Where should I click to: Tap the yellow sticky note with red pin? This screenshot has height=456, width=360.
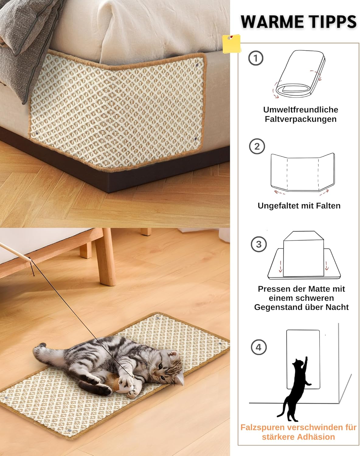(231, 44)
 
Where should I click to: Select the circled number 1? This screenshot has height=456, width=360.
(256, 58)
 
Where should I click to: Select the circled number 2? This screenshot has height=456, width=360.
(257, 146)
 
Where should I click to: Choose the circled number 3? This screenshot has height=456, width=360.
(259, 244)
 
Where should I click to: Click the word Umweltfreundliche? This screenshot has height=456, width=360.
(301, 110)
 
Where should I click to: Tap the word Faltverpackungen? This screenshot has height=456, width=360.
(301, 119)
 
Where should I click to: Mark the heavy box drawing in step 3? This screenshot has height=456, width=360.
(303, 254)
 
